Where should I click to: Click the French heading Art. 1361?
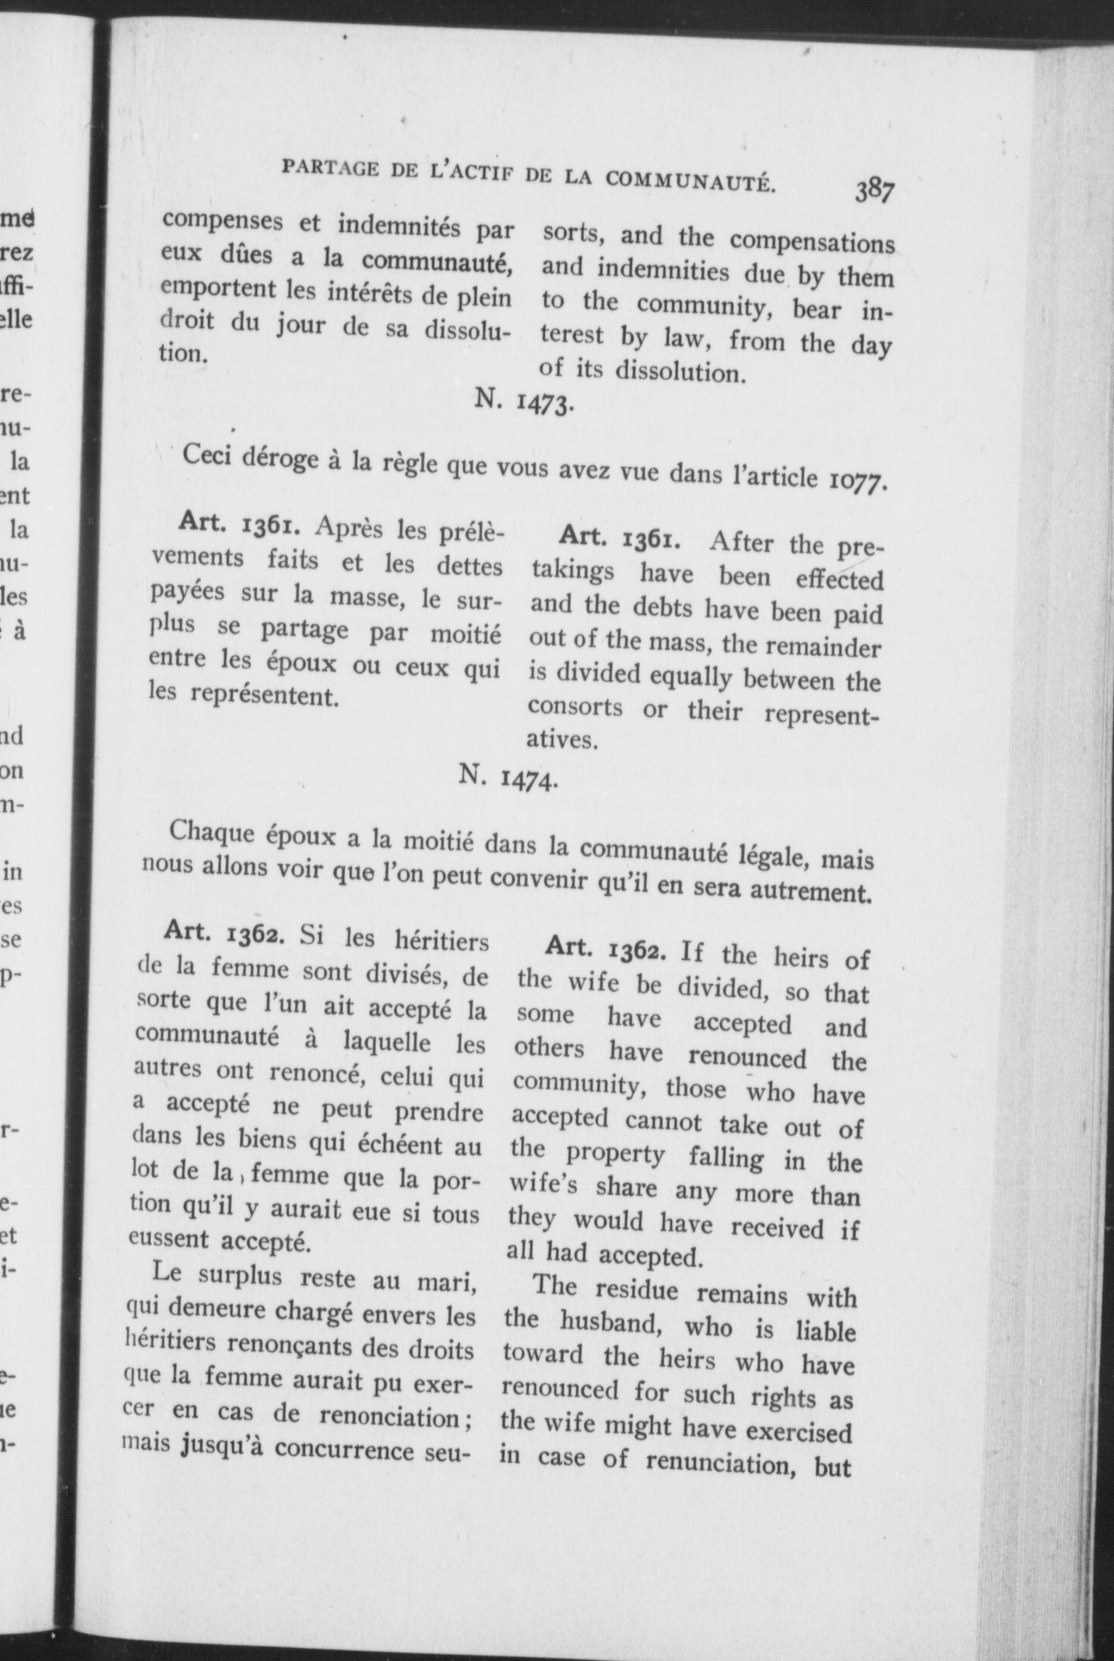[240, 524]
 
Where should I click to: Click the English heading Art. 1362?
[607, 949]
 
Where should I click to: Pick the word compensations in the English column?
[812, 242]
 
